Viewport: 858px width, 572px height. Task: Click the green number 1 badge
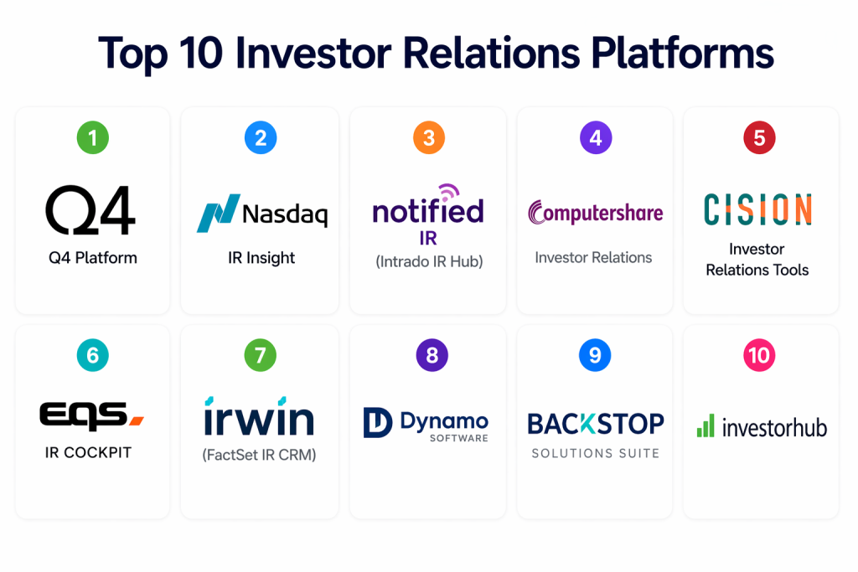(92, 138)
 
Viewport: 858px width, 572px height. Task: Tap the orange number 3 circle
(429, 138)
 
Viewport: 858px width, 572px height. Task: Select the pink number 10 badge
(759, 355)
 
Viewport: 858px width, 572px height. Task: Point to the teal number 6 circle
(92, 355)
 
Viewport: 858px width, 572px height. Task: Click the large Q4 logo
(90, 210)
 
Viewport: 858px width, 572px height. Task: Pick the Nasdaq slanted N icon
(219, 214)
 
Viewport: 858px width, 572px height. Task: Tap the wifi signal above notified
(450, 193)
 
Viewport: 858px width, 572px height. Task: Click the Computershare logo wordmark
(596, 212)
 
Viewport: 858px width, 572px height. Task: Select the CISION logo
(757, 209)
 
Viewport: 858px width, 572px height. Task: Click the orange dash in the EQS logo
(137, 420)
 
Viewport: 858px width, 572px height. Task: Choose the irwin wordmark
(259, 416)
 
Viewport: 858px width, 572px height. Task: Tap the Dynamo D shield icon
(378, 423)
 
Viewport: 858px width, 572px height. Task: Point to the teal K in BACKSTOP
(587, 424)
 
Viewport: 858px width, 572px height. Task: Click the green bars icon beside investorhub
(706, 425)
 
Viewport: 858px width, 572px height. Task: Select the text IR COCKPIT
(88, 453)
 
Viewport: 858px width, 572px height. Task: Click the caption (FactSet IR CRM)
(260, 455)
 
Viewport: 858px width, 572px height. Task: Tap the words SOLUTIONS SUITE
(596, 453)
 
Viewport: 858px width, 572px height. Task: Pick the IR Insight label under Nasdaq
(261, 258)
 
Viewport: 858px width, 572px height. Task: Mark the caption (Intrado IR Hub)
(429, 262)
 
